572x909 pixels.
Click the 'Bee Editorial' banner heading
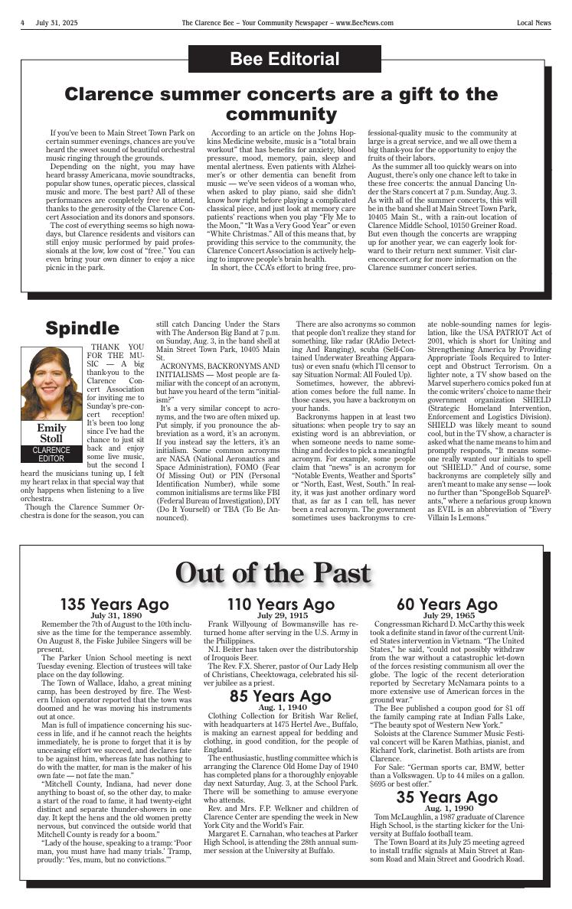click(285, 59)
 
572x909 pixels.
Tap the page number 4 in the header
click(23, 23)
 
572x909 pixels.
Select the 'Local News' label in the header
click(533, 23)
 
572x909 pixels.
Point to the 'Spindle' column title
click(82, 328)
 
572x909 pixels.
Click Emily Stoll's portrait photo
click(51, 383)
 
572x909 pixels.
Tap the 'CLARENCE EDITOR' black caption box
click(51, 454)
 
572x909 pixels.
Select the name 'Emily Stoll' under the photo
click(51, 433)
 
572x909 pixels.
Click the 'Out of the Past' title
click(284, 572)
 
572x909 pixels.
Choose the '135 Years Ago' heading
click(115, 605)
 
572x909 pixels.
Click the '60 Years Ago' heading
click(446, 605)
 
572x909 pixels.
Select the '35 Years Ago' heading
click(446, 798)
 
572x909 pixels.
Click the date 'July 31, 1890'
click(116, 615)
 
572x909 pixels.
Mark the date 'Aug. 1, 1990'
click(447, 809)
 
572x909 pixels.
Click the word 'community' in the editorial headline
click(281, 115)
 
